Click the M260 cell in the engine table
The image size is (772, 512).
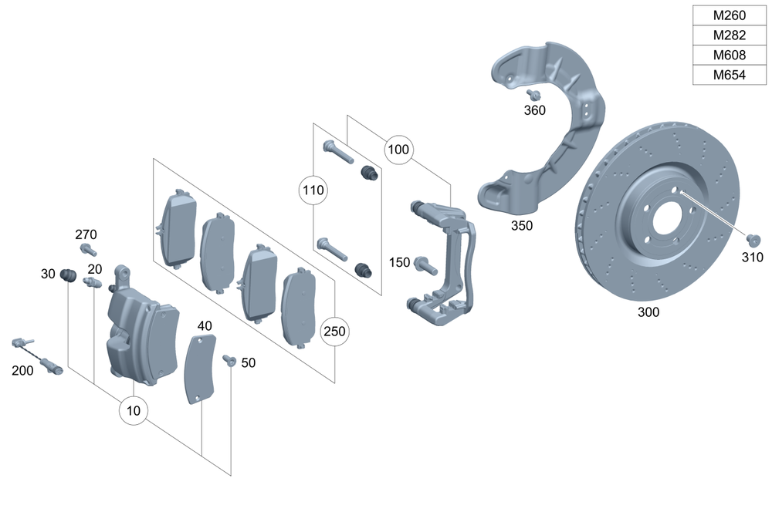point(729,15)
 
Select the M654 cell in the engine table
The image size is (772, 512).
point(729,75)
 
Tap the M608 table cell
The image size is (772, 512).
point(729,55)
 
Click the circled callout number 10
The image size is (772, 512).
point(134,410)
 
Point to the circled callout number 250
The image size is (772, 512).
point(334,332)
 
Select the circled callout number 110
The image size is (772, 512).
point(313,189)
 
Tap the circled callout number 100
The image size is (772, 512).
point(398,149)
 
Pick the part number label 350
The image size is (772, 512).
point(522,226)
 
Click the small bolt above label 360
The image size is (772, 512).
point(533,94)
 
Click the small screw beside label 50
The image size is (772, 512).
point(229,359)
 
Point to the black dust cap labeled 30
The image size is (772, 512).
point(67,275)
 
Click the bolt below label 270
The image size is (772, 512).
point(88,250)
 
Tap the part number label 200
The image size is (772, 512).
point(22,370)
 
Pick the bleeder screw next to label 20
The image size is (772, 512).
point(93,284)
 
